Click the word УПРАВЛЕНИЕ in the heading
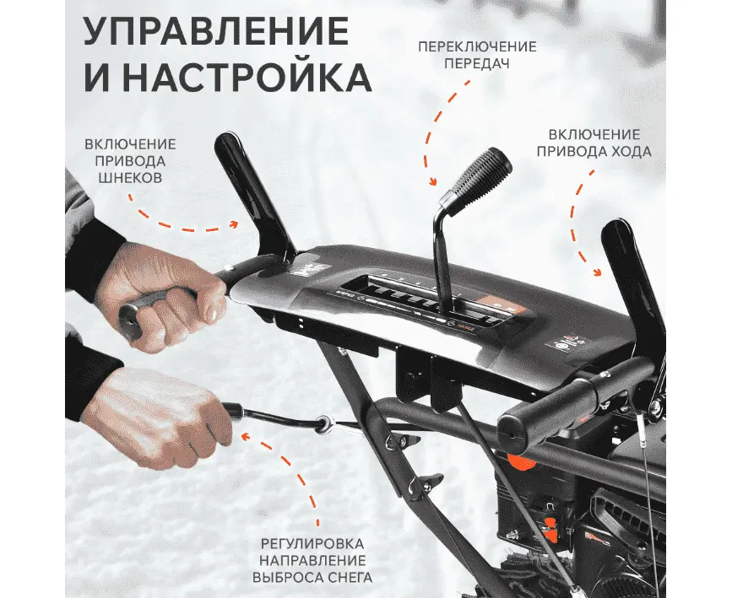coord(216,32)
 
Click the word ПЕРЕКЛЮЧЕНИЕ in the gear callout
coord(477,46)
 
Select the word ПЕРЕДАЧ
coord(477,63)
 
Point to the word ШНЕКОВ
coord(130,178)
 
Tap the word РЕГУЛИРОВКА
coord(312,543)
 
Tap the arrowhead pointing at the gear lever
coord(433,181)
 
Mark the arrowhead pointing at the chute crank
coord(246,437)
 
